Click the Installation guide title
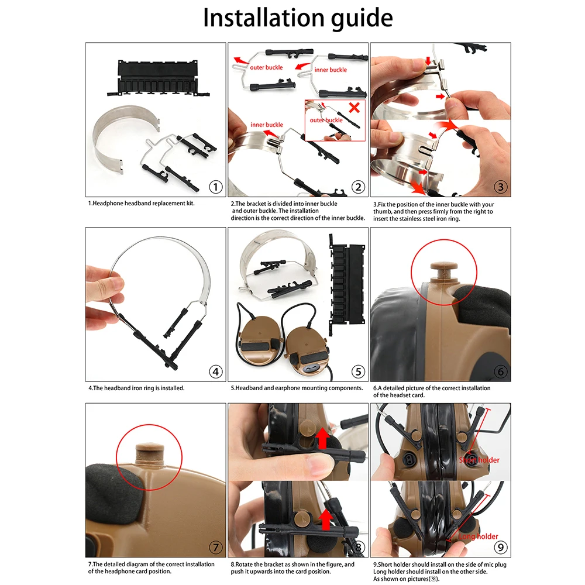coord(297,18)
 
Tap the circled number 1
coord(216,187)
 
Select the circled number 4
coord(216,371)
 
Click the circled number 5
coord(358,371)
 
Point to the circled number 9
coord(501,548)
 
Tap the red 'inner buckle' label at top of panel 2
coord(331,70)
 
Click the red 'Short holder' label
coord(480,460)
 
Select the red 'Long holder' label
coord(479,536)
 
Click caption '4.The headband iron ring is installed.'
coord(136,388)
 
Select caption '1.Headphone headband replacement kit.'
coord(141,204)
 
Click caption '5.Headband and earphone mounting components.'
coord(297,388)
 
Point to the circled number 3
coord(501,187)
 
